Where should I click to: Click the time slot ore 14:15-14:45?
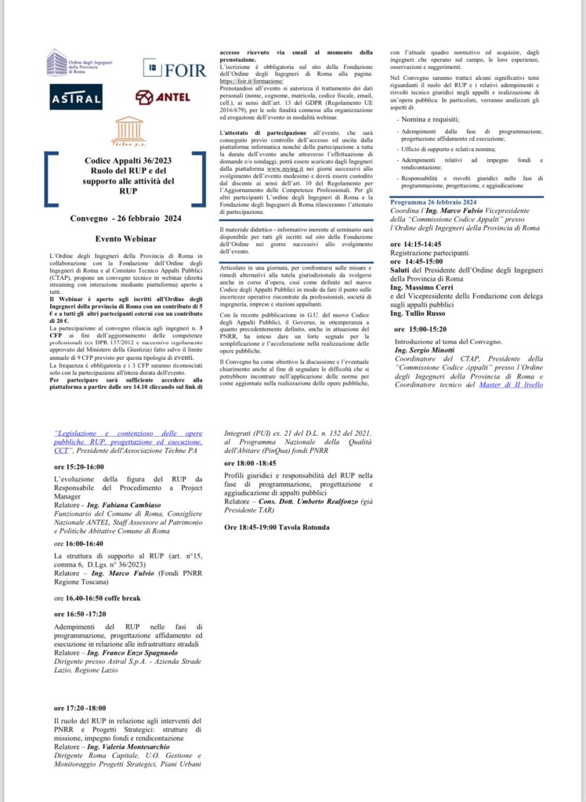tap(421, 245)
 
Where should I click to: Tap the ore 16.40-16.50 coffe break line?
tap(97, 597)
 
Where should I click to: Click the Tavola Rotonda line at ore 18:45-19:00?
tap(277, 527)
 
